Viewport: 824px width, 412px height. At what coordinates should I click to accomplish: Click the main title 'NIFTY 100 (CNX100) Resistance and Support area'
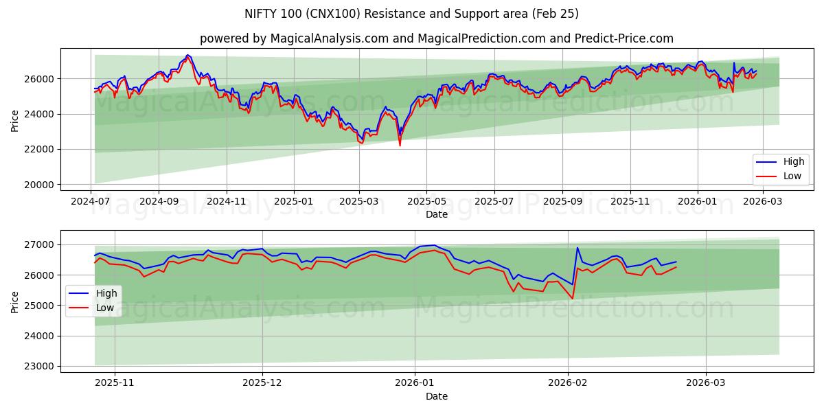[411, 14]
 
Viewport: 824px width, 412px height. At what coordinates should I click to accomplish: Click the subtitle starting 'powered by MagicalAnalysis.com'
[436, 38]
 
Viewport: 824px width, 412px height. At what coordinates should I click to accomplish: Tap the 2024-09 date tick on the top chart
[158, 202]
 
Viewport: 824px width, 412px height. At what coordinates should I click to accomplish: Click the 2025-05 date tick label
[426, 202]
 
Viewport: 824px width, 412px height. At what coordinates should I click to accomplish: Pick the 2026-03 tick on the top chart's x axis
[764, 202]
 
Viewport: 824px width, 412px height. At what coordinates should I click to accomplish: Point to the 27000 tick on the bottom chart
[40, 244]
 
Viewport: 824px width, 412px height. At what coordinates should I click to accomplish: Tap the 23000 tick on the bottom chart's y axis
[40, 366]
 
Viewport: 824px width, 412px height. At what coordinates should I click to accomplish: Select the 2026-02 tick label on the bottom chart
[569, 384]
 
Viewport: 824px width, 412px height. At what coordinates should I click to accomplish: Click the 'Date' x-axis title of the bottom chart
[436, 396]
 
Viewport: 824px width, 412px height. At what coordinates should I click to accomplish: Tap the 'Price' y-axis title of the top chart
[15, 119]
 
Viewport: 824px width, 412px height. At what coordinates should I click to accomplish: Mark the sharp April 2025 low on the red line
[400, 146]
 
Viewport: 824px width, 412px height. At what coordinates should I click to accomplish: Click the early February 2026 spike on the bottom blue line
[577, 248]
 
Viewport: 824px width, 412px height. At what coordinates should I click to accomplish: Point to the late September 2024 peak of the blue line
[187, 55]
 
